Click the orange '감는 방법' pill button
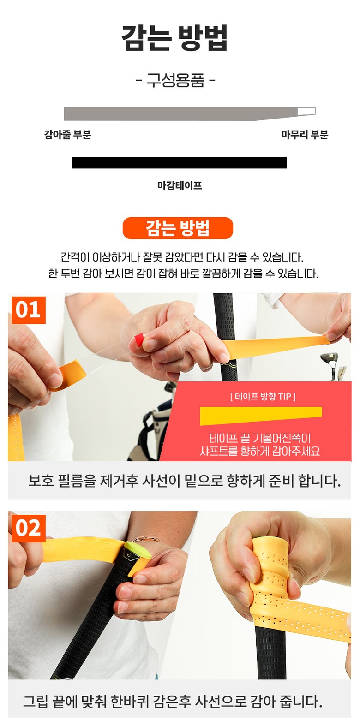click(178, 228)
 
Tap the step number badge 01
click(29, 310)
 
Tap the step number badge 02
click(29, 528)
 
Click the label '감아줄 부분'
click(67, 135)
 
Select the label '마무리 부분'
click(305, 135)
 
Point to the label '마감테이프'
click(180, 186)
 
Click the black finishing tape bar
click(179, 163)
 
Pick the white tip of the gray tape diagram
click(306, 111)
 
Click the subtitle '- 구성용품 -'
click(176, 80)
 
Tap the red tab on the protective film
click(139, 339)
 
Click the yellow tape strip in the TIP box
click(261, 416)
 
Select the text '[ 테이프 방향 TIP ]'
click(263, 396)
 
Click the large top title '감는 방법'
click(175, 38)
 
